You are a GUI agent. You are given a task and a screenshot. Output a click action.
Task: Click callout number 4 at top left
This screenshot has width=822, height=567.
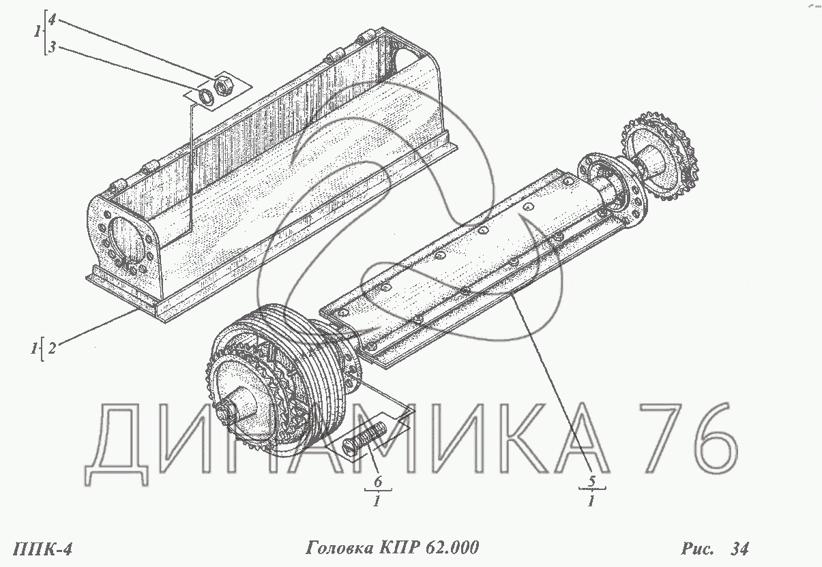click(x=52, y=20)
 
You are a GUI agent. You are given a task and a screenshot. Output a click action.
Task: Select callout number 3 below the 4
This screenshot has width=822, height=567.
click(x=53, y=46)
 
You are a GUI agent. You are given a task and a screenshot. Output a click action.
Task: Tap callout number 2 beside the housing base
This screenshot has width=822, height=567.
click(x=52, y=348)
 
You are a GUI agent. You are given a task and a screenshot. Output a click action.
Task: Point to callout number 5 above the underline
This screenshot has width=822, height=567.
click(x=591, y=480)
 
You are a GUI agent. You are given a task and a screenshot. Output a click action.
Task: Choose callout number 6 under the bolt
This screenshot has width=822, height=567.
click(x=378, y=481)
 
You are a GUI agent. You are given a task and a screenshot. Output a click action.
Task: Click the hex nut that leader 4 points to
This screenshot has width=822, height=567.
click(x=221, y=86)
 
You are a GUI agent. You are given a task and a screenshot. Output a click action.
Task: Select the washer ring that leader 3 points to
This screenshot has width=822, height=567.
click(x=206, y=97)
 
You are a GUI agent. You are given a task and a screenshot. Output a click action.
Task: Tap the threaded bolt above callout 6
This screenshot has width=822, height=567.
click(x=364, y=440)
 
